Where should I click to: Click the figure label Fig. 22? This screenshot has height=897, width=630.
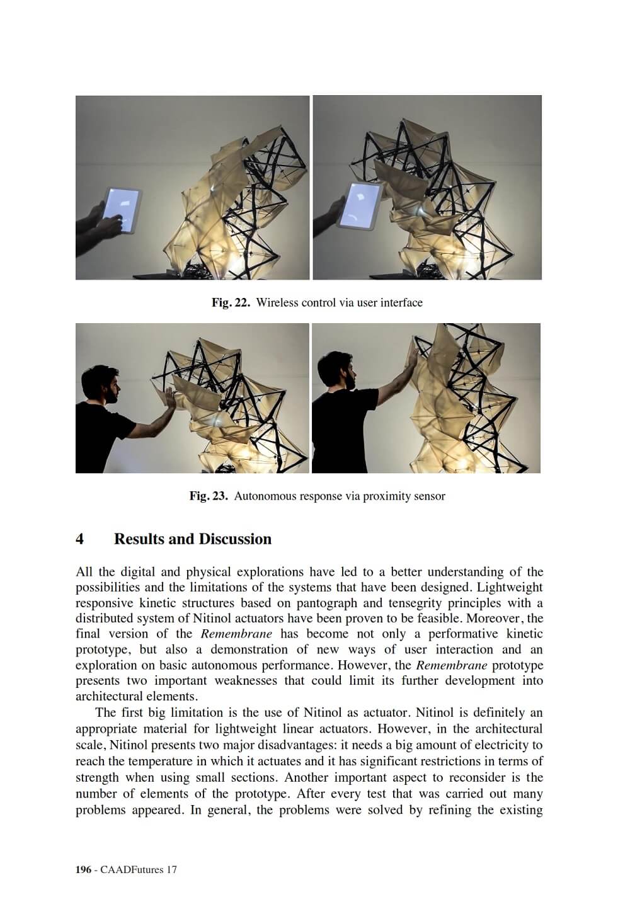(x=231, y=303)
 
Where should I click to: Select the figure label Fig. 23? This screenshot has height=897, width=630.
(x=209, y=496)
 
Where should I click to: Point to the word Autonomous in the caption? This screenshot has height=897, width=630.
(x=265, y=496)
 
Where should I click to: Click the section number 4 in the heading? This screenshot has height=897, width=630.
(x=80, y=539)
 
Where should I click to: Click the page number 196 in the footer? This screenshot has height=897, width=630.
(x=83, y=870)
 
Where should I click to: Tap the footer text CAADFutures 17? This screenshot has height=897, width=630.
(x=137, y=870)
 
